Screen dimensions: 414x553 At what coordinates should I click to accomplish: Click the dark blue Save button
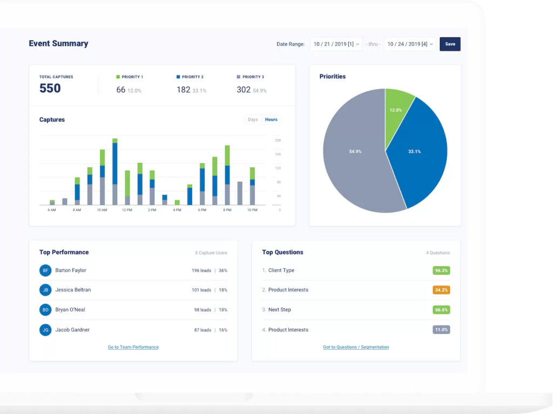pos(450,44)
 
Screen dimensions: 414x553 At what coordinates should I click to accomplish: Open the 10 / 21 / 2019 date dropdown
pos(335,44)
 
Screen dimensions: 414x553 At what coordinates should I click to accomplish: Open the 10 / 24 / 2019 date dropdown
pos(409,44)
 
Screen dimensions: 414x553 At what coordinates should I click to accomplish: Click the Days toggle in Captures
pos(253,120)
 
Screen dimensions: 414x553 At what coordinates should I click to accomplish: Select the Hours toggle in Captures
pos(271,120)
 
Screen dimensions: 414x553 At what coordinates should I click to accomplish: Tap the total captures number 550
pos(50,89)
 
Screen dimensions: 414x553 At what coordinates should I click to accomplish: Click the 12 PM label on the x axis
pos(127,210)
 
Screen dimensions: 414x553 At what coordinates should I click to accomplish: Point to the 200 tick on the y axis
pos(278,140)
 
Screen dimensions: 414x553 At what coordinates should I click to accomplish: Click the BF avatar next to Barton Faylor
pos(45,270)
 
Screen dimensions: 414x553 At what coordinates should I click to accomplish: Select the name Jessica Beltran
pos(73,290)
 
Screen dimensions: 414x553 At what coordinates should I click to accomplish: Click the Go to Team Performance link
pos(133,347)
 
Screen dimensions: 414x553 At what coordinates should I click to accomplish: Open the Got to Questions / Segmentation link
pos(356,347)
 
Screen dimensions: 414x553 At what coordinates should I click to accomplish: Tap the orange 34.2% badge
pos(441,290)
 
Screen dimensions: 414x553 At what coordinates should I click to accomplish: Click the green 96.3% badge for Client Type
pos(441,270)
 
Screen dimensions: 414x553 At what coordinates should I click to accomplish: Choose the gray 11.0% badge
pos(441,330)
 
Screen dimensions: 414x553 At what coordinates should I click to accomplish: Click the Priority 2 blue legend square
pos(178,77)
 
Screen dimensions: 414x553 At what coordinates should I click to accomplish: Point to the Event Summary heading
pos(58,44)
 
